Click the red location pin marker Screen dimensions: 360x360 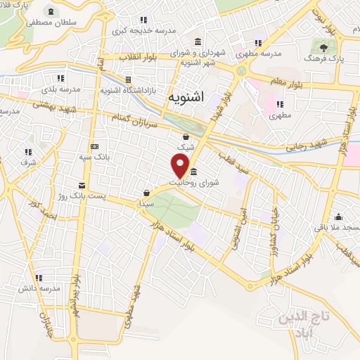[181, 165]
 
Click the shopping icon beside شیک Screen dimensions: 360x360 [185, 137]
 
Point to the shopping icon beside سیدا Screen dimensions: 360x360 [146, 192]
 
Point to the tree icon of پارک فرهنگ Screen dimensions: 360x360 [323, 48]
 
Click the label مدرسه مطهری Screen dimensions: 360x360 [262, 53]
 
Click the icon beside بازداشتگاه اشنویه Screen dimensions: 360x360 [128, 79]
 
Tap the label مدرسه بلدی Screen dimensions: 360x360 [58, 89]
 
